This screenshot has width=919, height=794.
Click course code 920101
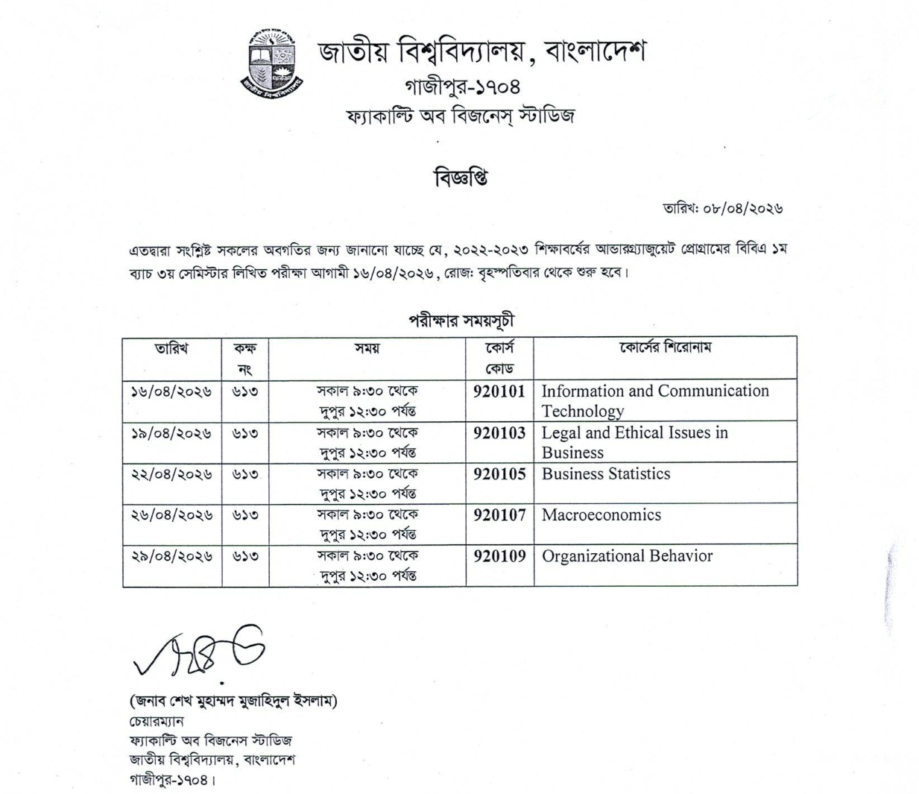click(x=499, y=391)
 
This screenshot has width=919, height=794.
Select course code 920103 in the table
click(x=499, y=433)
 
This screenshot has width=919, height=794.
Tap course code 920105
click(x=499, y=474)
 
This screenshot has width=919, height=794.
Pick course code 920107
click(x=499, y=515)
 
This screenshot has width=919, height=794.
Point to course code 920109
click(x=499, y=556)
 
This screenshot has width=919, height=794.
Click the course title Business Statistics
click(x=605, y=474)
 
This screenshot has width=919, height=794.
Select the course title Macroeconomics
click(x=601, y=515)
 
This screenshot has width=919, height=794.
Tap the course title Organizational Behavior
click(x=627, y=556)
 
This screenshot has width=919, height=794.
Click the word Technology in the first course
click(x=582, y=412)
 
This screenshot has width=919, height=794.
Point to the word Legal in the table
click(x=560, y=433)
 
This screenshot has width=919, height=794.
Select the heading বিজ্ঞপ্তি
click(x=460, y=179)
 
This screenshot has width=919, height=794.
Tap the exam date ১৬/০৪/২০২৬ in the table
click(x=171, y=391)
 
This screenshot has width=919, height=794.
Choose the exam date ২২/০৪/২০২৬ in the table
click(x=171, y=474)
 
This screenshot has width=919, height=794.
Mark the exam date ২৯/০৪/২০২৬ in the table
click(x=171, y=556)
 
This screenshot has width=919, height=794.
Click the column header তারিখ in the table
click(x=171, y=348)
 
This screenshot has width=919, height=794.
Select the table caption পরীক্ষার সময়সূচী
click(x=460, y=321)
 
